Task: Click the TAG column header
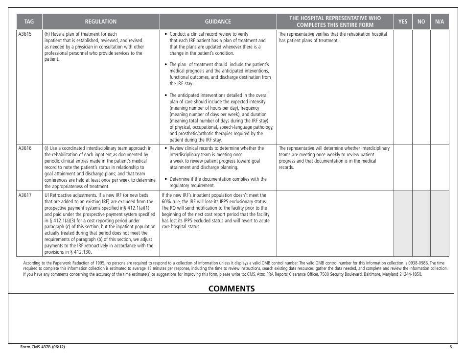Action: (29, 22)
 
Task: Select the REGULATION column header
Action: (101, 22)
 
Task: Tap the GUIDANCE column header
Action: (218, 22)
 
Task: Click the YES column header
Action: (403, 22)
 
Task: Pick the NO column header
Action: (421, 22)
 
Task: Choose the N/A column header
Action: (440, 22)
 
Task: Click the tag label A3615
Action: (25, 34)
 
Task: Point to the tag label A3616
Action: (25, 148)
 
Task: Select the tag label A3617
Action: (25, 195)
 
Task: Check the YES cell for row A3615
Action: (403, 86)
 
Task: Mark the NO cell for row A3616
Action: (421, 167)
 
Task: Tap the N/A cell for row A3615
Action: (440, 86)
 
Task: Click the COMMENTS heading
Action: (232, 288)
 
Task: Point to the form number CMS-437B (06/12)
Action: (43, 347)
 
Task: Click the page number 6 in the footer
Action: (450, 347)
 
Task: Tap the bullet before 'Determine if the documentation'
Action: (167, 179)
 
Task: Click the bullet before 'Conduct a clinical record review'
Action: (167, 34)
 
